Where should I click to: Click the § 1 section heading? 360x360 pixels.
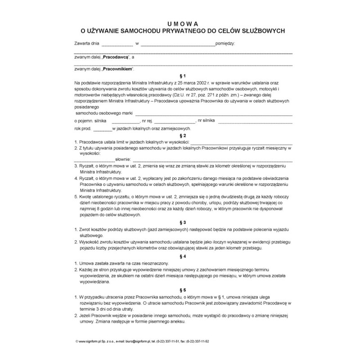coord(182,76)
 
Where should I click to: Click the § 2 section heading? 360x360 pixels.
coord(182,135)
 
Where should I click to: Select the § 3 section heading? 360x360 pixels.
coord(182,222)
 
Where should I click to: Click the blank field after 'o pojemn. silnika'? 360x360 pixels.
coord(126,121)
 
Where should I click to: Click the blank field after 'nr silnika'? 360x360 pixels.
coord(254,121)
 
